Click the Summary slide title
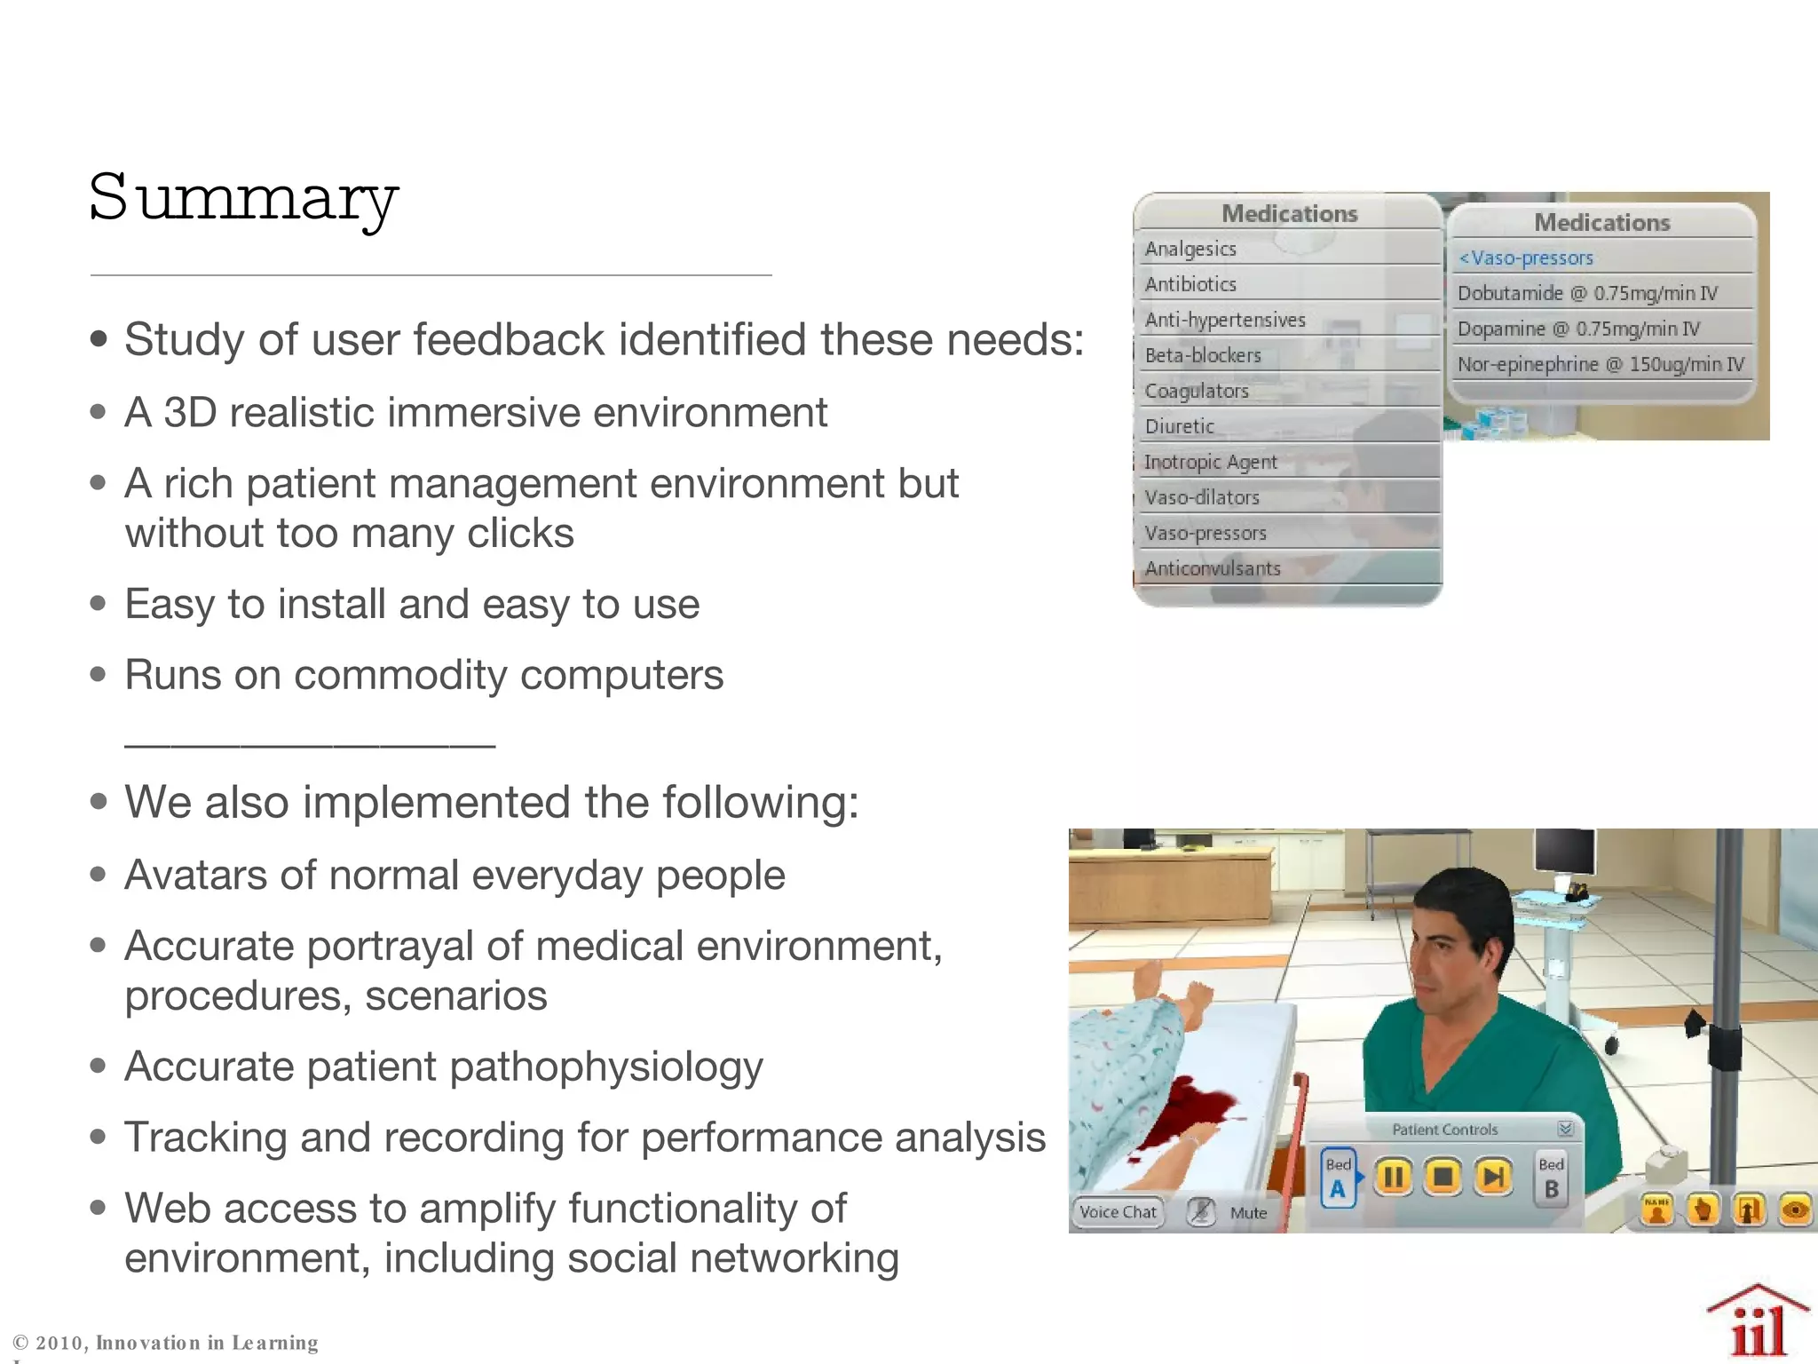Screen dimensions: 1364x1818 244,199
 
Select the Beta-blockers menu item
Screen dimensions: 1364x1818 1203,355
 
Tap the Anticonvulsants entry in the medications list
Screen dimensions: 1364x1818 1213,568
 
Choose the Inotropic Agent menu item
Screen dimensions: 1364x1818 1210,462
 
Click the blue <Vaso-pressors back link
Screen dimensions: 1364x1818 1527,258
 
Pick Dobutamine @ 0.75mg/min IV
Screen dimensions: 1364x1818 1587,293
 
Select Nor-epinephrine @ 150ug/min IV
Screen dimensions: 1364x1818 1601,364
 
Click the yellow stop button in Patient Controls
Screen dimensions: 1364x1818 1443,1177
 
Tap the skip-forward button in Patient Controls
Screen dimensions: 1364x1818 1494,1177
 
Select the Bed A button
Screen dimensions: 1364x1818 1338,1178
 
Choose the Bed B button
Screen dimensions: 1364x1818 1551,1178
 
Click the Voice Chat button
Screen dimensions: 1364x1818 1118,1212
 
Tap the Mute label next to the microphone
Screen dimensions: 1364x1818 1248,1213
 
